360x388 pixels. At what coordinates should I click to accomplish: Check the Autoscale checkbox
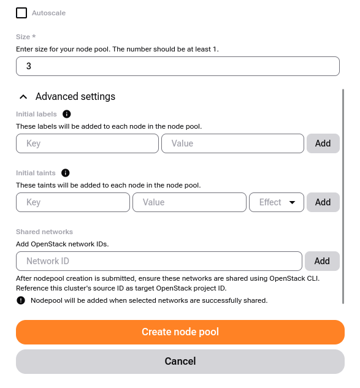pyautogui.click(x=21, y=13)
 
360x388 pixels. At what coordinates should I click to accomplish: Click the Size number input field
pyautogui.click(x=177, y=66)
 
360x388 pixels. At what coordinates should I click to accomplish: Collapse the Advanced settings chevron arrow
pyautogui.click(x=23, y=97)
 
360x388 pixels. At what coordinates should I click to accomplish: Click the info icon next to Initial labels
pyautogui.click(x=67, y=114)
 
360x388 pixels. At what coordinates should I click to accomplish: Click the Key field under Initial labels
pyautogui.click(x=87, y=143)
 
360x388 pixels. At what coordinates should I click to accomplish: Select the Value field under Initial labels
pyautogui.click(x=232, y=143)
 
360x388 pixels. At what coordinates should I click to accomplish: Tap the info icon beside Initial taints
pyautogui.click(x=66, y=173)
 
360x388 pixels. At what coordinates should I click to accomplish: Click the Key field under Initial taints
pyautogui.click(x=73, y=202)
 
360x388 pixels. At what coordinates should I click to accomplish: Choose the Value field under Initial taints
pyautogui.click(x=189, y=202)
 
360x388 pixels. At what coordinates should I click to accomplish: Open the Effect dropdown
pyautogui.click(x=277, y=202)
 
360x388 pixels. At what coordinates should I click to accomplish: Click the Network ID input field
pyautogui.click(x=159, y=261)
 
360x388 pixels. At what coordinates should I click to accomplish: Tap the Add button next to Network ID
pyautogui.click(x=322, y=261)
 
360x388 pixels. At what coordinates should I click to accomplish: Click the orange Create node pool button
pyautogui.click(x=180, y=332)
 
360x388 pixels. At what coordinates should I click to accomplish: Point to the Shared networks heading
pyautogui.click(x=44, y=232)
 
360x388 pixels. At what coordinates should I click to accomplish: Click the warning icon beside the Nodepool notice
pyautogui.click(x=21, y=300)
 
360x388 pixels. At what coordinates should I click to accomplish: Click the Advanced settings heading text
pyautogui.click(x=75, y=97)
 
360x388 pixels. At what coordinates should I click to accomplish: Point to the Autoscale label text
pyautogui.click(x=48, y=13)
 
